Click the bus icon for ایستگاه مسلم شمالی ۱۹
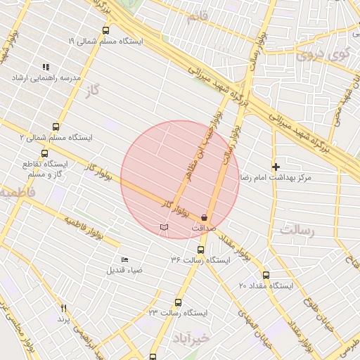(106, 30)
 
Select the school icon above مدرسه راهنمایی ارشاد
(46, 67)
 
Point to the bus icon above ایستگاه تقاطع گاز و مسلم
(45, 153)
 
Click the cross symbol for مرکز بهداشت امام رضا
(276, 167)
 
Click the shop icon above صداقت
(204, 218)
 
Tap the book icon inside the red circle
(165, 228)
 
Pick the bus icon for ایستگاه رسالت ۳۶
(200, 250)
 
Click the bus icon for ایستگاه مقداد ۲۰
(266, 276)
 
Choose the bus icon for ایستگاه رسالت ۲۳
(178, 302)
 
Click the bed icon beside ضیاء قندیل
(124, 260)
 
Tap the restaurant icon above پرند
(64, 308)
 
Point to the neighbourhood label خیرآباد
(193, 338)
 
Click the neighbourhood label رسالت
(297, 229)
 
